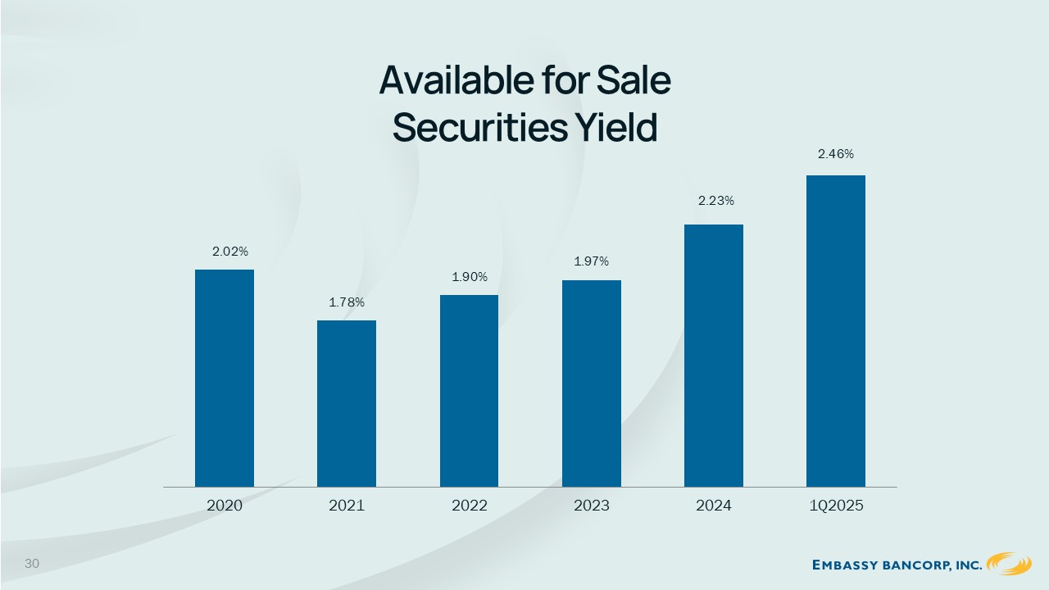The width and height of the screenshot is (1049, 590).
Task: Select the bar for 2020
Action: coord(225,379)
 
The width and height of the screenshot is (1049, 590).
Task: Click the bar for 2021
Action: coord(347,404)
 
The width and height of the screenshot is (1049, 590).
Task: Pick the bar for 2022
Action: coord(469,391)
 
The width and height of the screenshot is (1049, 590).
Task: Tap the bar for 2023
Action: coord(592,383)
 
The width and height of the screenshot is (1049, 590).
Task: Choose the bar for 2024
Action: coord(714,356)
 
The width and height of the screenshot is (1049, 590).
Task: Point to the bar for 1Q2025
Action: coord(836,331)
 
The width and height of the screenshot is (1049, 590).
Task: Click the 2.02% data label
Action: coord(230,252)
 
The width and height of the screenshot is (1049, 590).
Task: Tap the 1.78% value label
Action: coord(347,302)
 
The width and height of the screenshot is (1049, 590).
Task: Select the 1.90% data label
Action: coord(470,277)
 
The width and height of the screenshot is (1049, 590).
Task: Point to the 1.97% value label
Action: coord(592,261)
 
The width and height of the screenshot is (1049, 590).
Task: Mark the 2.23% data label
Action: coord(716,201)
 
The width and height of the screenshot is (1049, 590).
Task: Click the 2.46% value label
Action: coord(836,154)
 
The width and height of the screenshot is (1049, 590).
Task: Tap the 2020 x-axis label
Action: coord(225,506)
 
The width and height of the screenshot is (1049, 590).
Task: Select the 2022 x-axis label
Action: coord(470,506)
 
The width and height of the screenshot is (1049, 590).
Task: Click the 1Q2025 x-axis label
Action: coord(836,506)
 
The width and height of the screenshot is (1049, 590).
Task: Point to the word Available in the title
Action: coord(456,80)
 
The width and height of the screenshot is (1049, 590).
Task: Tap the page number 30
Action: coord(32,563)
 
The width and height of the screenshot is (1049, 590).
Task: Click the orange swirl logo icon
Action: coord(1009,563)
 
